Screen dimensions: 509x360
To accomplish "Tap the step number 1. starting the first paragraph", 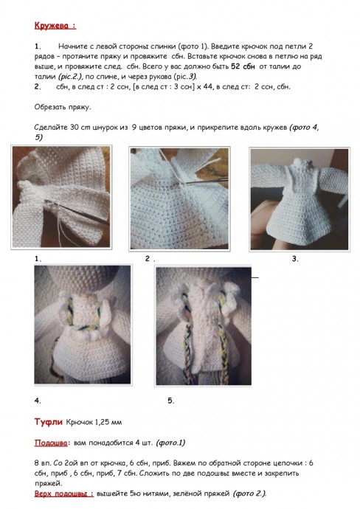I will click(38, 46).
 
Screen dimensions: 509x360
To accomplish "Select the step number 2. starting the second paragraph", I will click(38, 86).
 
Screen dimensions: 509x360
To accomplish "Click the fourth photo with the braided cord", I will click(83, 324).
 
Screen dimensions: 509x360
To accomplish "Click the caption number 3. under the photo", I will click(294, 259).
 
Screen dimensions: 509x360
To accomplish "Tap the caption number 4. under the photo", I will click(38, 401).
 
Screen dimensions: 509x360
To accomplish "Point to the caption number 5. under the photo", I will click(170, 401).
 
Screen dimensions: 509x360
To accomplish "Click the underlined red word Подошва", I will click(51, 443).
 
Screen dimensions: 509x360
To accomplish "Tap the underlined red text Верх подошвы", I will click(63, 493).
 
